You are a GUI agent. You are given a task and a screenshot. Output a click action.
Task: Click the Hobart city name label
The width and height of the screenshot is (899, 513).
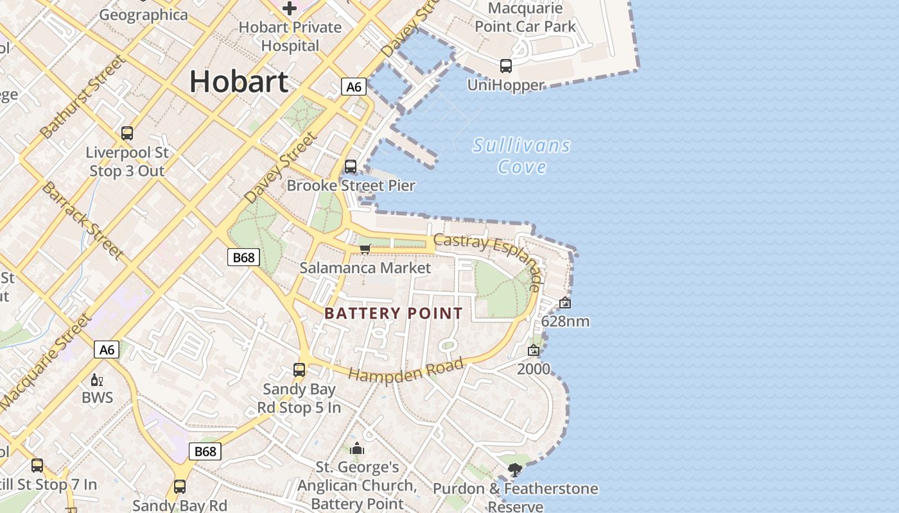239,82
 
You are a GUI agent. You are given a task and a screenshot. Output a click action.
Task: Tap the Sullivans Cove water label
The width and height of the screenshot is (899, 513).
522,156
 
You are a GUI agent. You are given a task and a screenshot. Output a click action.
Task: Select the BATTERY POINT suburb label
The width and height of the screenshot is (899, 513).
394,314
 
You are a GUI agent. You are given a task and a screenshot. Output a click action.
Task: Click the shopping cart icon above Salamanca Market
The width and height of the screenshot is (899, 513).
365,248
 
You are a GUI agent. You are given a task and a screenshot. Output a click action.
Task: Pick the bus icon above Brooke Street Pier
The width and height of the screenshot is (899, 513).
351,167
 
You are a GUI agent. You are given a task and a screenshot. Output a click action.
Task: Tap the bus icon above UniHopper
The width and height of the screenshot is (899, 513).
506,65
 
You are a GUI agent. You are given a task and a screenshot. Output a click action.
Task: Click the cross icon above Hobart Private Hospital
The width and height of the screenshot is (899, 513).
290,8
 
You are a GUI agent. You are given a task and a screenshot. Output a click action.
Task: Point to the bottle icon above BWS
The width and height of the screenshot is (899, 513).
97,380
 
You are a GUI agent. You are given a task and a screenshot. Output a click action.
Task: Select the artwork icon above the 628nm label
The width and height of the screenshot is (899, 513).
565,303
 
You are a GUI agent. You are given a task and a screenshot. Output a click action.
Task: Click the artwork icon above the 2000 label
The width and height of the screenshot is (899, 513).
534,350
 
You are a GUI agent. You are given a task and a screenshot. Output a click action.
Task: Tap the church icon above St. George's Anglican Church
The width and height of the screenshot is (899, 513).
357,448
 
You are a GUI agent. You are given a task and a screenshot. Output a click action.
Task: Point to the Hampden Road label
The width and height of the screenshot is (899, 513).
406,371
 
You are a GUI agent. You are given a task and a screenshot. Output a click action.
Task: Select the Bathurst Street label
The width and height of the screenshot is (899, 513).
82,96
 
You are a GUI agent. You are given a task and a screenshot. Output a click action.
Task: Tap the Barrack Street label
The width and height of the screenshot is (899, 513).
83,220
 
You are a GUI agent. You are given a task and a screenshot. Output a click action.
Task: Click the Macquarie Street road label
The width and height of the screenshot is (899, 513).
46,362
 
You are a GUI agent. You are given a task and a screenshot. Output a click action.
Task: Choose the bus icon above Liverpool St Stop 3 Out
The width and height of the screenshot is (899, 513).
127,133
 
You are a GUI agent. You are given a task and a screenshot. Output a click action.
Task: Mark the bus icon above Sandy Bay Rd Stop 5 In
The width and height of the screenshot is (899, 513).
299,369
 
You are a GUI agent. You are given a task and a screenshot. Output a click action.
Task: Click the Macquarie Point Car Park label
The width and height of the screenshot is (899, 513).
525,17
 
